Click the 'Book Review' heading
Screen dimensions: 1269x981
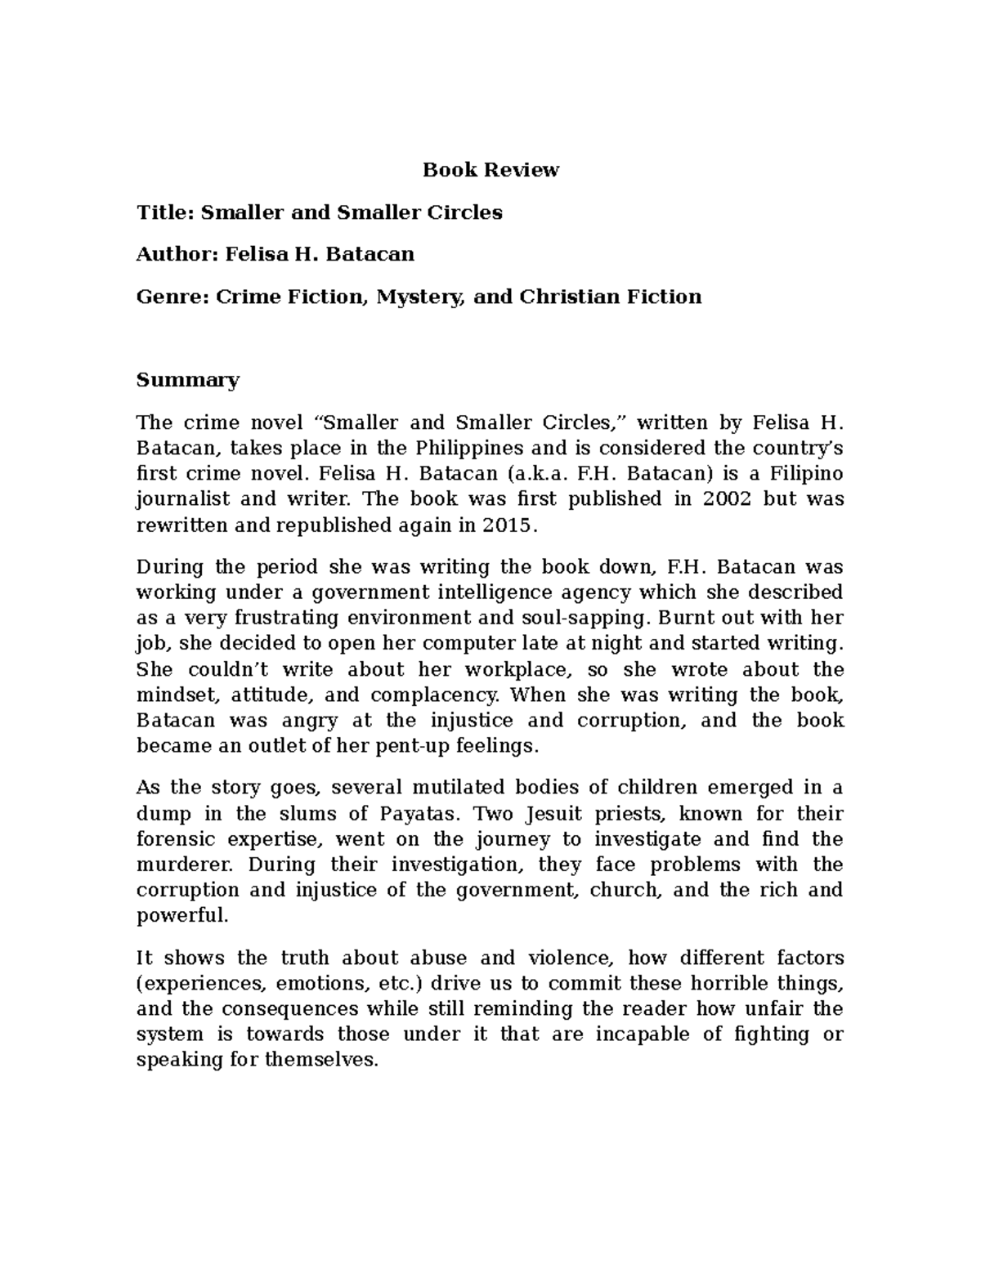[x=490, y=170]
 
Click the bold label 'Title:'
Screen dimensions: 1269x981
[x=165, y=212]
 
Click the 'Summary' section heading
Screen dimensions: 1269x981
[x=188, y=380]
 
